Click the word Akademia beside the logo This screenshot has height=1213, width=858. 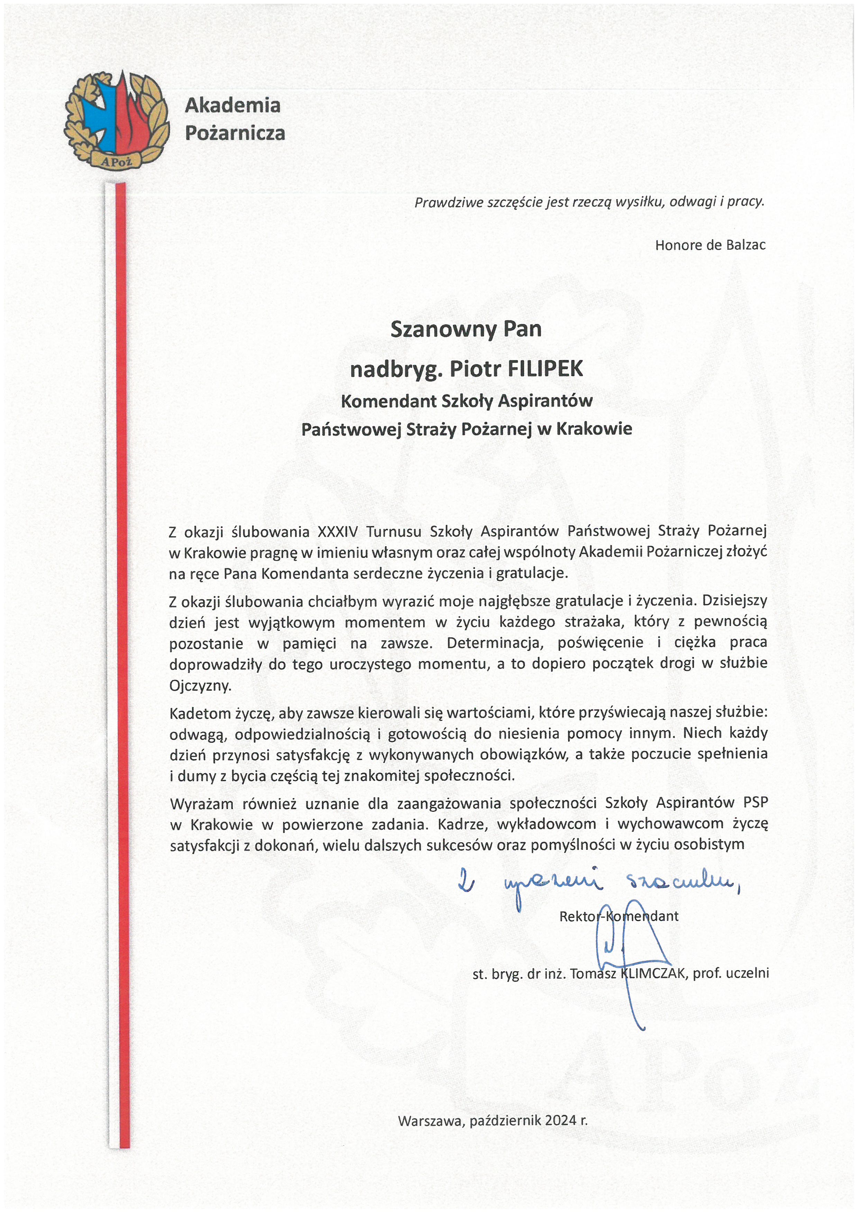tap(232, 105)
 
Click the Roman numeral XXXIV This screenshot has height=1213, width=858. tap(337, 531)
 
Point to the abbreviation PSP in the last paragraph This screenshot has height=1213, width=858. tap(756, 803)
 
